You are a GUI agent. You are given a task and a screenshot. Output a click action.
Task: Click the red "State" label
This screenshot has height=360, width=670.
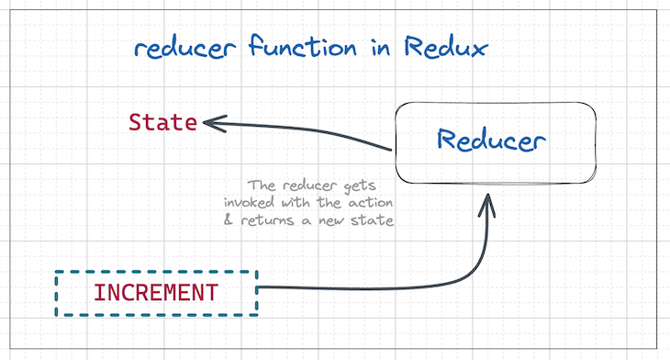[x=162, y=122]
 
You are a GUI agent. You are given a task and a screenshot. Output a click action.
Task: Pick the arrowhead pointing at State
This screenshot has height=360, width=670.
[x=209, y=121]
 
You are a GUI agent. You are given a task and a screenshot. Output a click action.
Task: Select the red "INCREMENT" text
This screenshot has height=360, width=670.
[x=156, y=294]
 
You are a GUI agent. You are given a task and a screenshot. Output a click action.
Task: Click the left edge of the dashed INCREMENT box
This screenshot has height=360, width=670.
[x=56, y=293]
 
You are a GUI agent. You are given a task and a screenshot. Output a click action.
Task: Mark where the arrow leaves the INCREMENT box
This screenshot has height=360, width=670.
[x=260, y=289]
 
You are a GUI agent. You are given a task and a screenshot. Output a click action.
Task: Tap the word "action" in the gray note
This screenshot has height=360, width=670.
[x=368, y=202]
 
